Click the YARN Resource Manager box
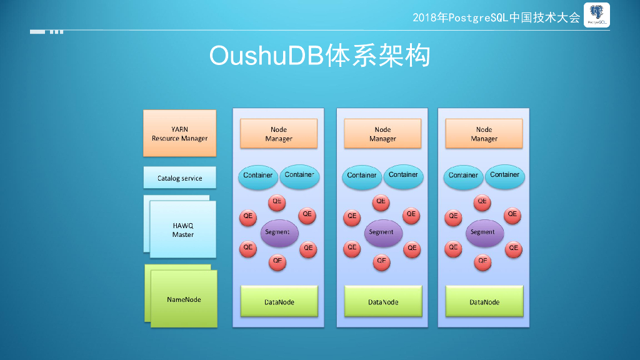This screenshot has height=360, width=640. (x=179, y=133)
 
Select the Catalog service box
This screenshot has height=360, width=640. (x=179, y=178)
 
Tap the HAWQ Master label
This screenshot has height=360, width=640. (x=183, y=229)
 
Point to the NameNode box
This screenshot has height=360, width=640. (x=184, y=299)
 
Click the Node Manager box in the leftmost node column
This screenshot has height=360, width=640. (x=279, y=134)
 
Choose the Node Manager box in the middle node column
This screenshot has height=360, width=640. (x=382, y=134)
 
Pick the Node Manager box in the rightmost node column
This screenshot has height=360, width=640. (x=484, y=134)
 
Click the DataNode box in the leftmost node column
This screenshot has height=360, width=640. (x=279, y=302)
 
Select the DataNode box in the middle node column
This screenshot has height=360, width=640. (x=382, y=302)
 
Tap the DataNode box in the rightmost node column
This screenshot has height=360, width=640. (x=484, y=302)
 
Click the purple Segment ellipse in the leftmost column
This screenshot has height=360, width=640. (x=278, y=232)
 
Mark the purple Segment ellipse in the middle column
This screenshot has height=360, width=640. (x=382, y=232)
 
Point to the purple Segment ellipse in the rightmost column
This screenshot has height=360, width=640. (x=483, y=232)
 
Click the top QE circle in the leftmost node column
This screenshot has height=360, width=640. (x=277, y=202)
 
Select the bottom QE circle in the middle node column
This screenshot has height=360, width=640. (x=381, y=261)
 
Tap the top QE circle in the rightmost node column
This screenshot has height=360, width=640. (x=482, y=202)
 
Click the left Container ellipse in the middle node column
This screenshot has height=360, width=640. (x=362, y=176)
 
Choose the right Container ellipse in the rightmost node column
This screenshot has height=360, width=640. (x=504, y=175)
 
